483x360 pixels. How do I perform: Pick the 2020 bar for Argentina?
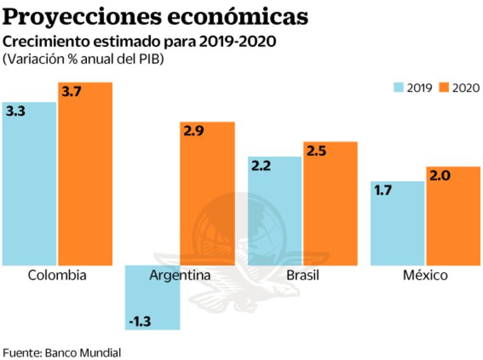(x=207, y=192)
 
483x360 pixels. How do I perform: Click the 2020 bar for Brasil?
(x=330, y=203)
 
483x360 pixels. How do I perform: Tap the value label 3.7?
(x=71, y=92)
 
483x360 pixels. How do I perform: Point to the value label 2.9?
(x=194, y=131)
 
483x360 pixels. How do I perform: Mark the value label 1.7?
(x=382, y=190)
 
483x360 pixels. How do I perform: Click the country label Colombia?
(x=57, y=275)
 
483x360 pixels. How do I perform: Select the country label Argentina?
(x=180, y=275)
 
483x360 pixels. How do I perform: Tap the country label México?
(x=425, y=275)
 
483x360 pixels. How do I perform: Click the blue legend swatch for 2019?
(x=399, y=88)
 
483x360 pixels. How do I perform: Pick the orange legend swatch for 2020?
(x=445, y=88)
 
